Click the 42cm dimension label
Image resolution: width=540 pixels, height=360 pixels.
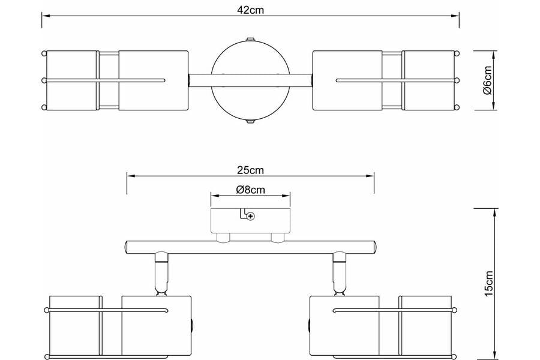point(250,10)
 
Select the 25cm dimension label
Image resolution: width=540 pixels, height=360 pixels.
point(250,170)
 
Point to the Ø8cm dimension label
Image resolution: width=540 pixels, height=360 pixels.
point(250,190)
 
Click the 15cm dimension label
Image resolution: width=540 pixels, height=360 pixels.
point(488,283)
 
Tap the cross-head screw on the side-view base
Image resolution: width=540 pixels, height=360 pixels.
point(251,217)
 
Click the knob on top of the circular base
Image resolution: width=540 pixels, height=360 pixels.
point(250,39)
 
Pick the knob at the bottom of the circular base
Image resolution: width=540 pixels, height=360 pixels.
point(250,122)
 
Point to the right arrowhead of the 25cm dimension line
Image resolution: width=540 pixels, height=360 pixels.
point(370,176)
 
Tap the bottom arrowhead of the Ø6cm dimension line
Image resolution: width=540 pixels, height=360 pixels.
point(494,106)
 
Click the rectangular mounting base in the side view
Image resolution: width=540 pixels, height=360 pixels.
point(250,220)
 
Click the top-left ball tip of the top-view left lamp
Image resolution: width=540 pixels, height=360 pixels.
point(44,53)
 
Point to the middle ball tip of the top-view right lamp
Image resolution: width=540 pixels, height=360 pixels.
point(457,80)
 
